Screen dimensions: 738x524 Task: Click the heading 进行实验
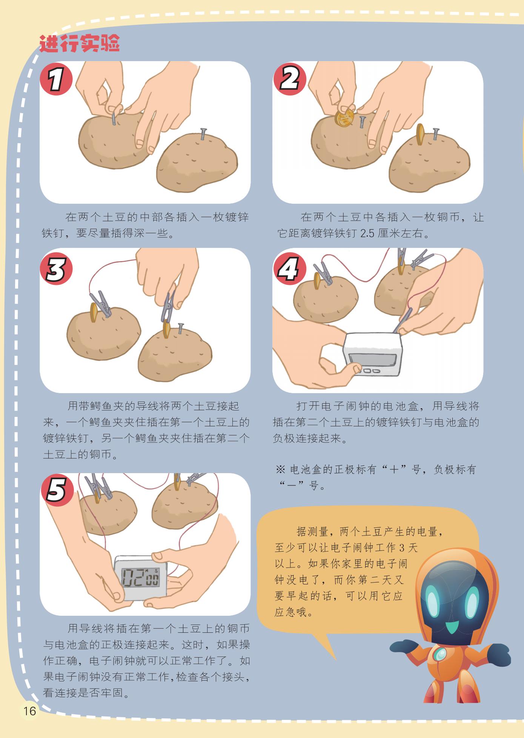(80, 43)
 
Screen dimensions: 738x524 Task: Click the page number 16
(29, 711)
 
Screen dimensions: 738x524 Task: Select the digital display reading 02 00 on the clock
(140, 577)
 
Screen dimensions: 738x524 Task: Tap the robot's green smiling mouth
(452, 628)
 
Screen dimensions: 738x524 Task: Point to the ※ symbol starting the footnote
(281, 470)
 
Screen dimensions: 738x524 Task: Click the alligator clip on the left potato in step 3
(101, 303)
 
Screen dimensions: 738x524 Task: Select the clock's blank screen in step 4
(372, 358)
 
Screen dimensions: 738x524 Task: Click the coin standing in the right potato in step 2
(420, 135)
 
